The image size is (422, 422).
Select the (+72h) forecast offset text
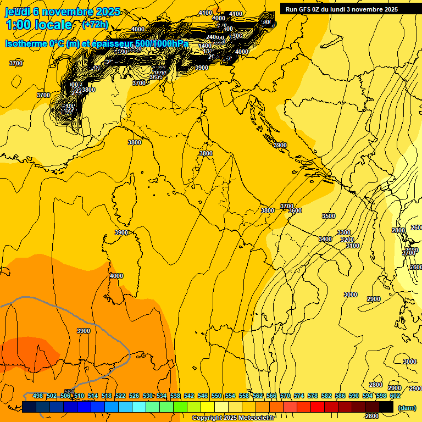pos(95,25)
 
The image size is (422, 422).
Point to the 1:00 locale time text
pos(38,25)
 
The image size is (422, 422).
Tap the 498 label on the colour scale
pos(38,396)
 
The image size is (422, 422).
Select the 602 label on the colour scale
pos(395,396)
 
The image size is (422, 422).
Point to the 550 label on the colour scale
pos(216,396)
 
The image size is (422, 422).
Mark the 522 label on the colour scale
pos(120,396)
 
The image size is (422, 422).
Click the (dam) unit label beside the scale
pos(407,408)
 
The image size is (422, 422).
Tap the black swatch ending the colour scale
pos(386,407)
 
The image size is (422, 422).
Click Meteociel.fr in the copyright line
pos(256,418)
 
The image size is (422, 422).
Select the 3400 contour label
pos(325,239)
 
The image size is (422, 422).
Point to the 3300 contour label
pos(344,232)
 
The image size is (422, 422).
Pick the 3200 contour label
pos(347,240)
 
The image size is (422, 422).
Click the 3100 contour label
pos(353,246)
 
